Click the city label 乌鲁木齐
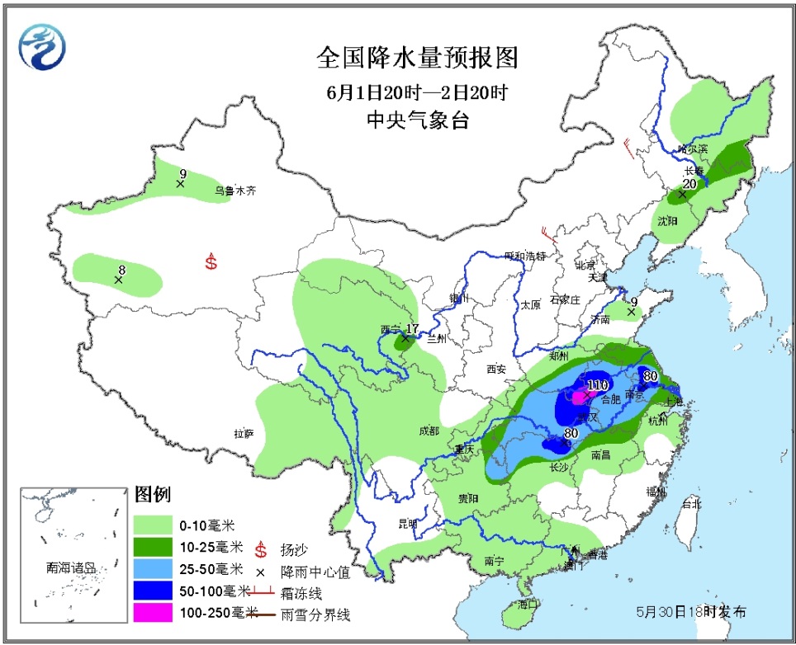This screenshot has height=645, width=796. [x=235, y=190]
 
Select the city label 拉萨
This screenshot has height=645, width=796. [x=244, y=433]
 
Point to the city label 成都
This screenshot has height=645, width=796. [x=429, y=431]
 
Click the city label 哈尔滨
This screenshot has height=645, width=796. [x=692, y=149]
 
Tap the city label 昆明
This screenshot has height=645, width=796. [x=408, y=523]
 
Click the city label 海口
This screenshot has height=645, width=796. [x=528, y=604]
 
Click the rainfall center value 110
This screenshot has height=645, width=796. [x=597, y=385]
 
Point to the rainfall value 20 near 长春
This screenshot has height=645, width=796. [x=689, y=185]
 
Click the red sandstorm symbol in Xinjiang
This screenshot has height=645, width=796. [x=211, y=263]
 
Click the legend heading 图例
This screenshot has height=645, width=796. [x=152, y=495]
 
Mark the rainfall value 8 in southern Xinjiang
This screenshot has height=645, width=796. [x=121, y=269]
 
